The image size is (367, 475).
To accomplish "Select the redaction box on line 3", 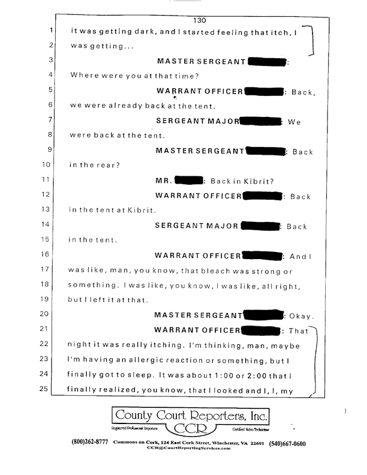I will click(268, 61).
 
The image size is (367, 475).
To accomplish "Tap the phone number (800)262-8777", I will click(91, 444).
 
